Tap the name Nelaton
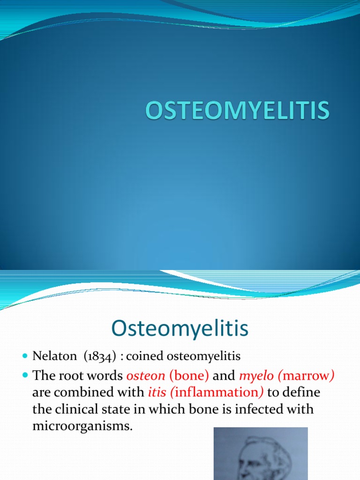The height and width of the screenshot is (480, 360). coord(54,356)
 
